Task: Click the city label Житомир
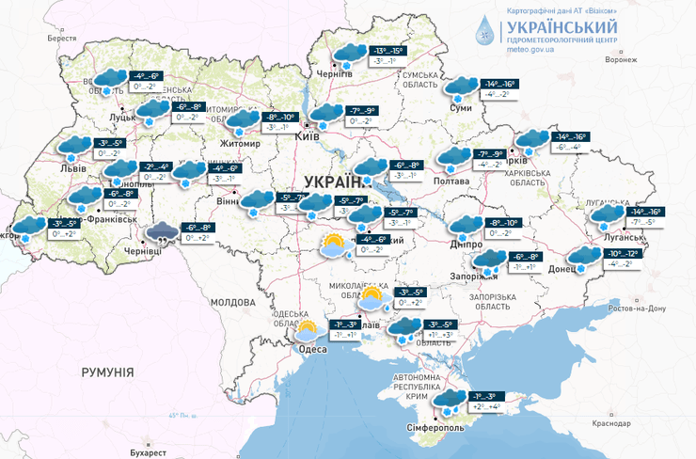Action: tap(241, 143)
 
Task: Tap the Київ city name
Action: tap(308, 136)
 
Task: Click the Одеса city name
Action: tap(312, 349)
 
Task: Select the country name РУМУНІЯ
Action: tap(107, 372)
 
